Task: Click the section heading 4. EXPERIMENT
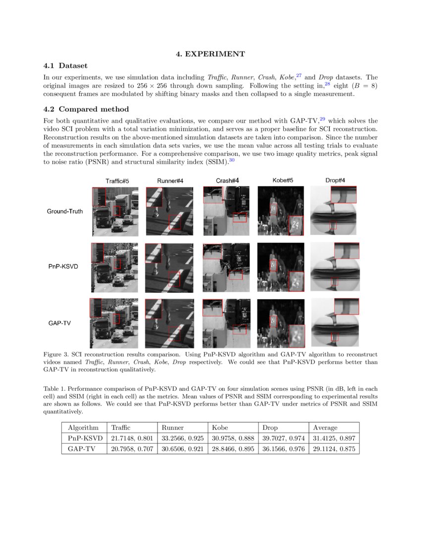[x=210, y=54]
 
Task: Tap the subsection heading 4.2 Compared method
[x=86, y=109]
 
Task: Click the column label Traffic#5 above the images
[x=117, y=181]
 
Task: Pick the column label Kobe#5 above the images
[x=283, y=181]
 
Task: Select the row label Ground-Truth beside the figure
[x=65, y=211]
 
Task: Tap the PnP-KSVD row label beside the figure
[x=63, y=267]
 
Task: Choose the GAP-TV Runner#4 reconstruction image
[x=169, y=323]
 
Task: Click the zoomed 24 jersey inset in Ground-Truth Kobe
[x=296, y=225]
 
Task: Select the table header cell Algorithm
[x=84, y=427]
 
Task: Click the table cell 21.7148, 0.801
[x=131, y=438]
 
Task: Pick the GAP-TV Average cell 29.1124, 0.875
[x=333, y=449]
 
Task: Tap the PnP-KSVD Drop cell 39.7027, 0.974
[x=283, y=438]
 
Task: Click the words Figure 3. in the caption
[x=56, y=355]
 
